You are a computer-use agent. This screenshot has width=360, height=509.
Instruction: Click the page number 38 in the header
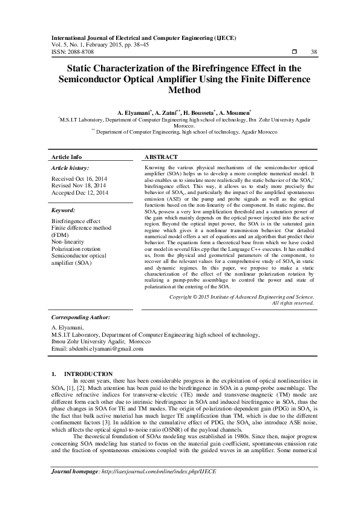[313, 53]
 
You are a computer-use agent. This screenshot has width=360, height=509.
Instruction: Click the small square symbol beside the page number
[294, 53]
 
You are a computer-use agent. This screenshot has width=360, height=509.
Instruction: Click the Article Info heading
[67, 157]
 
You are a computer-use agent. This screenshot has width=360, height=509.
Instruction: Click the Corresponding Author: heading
[80, 316]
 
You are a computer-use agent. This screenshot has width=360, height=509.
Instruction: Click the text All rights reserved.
[293, 303]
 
